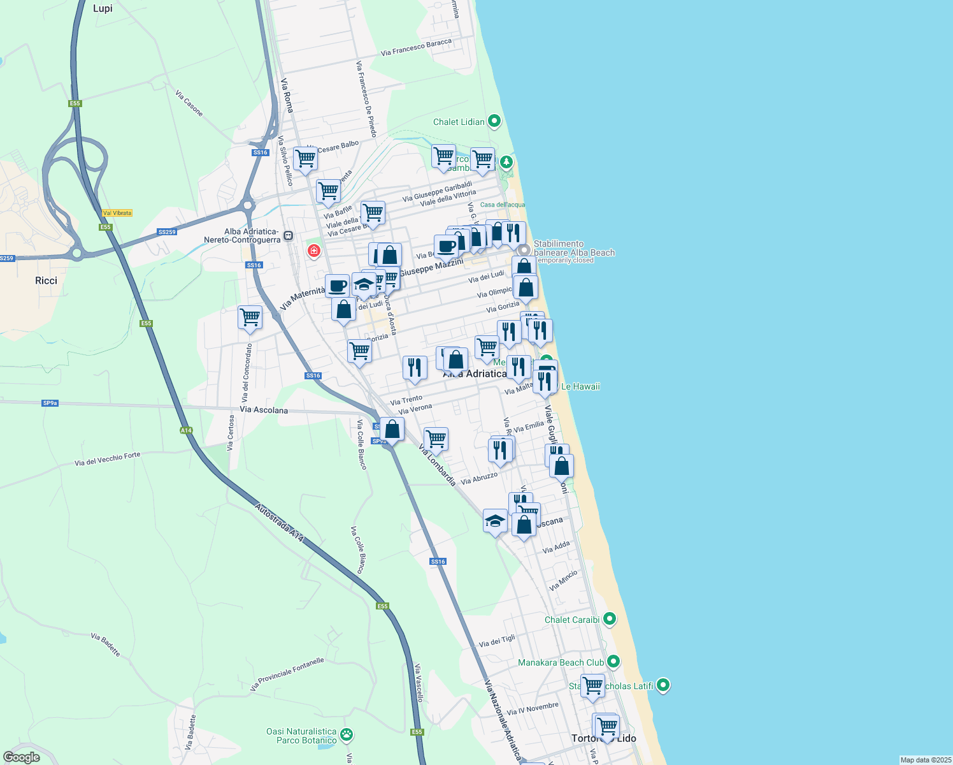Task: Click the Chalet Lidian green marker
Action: (494, 121)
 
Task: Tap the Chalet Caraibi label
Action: (572, 620)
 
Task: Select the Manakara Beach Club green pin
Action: (613, 662)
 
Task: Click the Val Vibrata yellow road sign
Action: (117, 213)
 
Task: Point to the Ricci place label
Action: (47, 280)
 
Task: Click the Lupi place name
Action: (103, 8)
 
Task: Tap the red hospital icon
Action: (313, 251)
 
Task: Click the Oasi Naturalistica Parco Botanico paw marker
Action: (347, 735)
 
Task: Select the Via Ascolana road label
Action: (264, 410)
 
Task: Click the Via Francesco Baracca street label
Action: (416, 47)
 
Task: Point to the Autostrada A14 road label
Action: (280, 523)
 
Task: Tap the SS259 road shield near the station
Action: (167, 232)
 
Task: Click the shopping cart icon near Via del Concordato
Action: (250, 317)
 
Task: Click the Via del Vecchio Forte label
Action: (107, 459)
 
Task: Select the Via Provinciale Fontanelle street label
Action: (287, 674)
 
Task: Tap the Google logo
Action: (22, 757)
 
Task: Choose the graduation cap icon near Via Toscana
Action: (495, 521)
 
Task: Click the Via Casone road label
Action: (189, 103)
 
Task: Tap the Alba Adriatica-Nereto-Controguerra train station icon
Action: (288, 236)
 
